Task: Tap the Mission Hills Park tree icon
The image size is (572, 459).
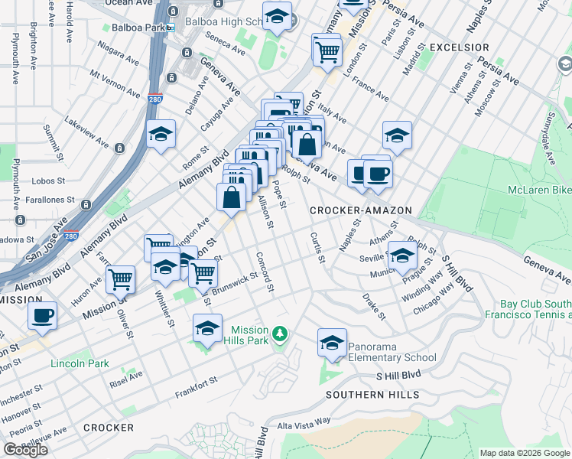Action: pos(281,334)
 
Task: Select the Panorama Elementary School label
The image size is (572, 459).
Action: pos(392,352)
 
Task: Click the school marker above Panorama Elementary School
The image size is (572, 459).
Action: pos(332,343)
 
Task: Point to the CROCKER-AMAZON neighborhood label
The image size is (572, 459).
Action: pos(361,210)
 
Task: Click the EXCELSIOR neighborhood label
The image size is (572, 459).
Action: pos(459,47)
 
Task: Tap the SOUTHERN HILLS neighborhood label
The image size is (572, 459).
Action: pos(372,395)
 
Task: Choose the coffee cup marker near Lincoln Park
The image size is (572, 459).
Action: pos(43,315)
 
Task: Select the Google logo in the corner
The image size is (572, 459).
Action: pos(25,450)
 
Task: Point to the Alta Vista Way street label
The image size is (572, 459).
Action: pos(304,422)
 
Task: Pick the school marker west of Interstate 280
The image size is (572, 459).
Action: pos(161,135)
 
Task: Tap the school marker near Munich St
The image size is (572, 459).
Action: pos(401,256)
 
